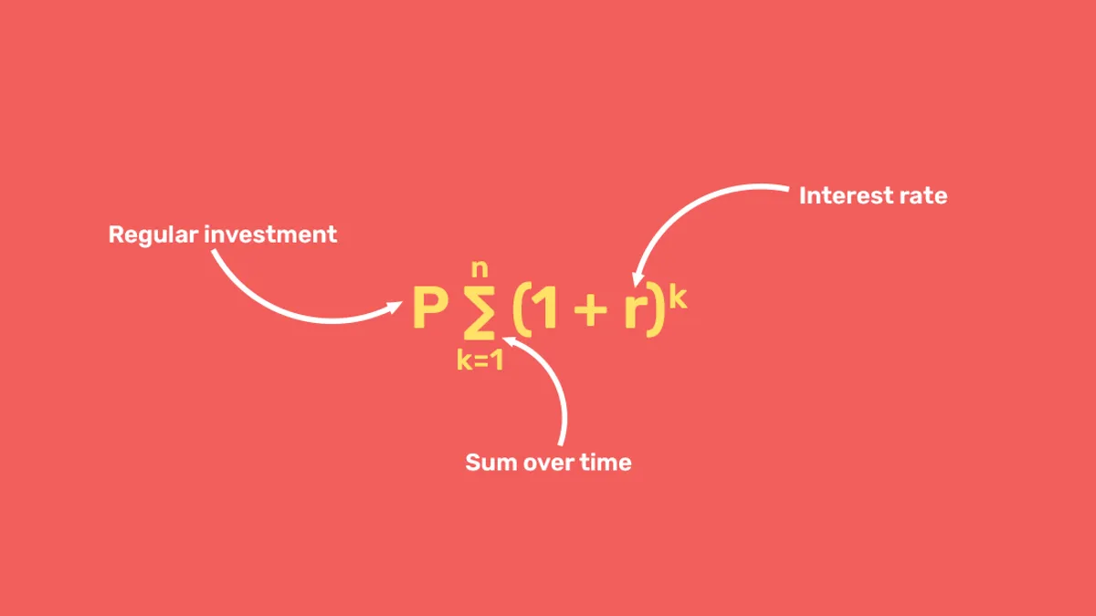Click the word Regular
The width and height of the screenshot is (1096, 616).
(x=153, y=235)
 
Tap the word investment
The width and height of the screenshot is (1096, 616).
(x=270, y=235)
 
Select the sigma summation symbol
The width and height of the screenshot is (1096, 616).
(x=480, y=311)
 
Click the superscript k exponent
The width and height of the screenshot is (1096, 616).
(x=677, y=298)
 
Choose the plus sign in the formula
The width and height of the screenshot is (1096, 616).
(x=590, y=311)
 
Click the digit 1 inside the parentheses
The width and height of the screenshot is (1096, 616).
(x=547, y=309)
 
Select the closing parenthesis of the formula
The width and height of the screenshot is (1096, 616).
(x=654, y=310)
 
